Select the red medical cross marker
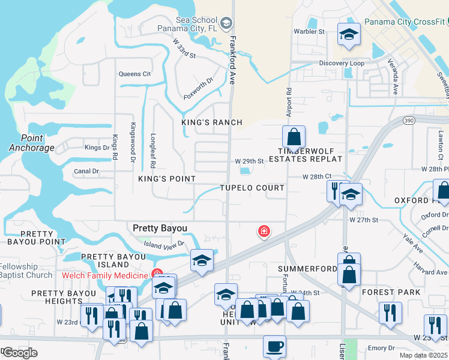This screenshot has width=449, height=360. click(263, 231)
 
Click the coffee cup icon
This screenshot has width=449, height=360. click(274, 346)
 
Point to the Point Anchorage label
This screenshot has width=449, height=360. click(32, 143)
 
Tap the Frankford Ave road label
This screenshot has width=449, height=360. click(232, 60)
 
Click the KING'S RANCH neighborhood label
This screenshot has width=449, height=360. click(212, 122)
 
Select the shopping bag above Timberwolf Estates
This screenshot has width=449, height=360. click(294, 137)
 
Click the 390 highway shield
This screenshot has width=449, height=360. click(409, 121)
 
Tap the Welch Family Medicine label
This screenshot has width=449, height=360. click(104, 275)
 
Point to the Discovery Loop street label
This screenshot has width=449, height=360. click(341, 63)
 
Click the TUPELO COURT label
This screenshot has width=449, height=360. click(252, 188)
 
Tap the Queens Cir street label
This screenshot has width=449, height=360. click(134, 74)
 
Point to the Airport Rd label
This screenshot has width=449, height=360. click(289, 100)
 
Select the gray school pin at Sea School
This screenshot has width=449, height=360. click(226, 23)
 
